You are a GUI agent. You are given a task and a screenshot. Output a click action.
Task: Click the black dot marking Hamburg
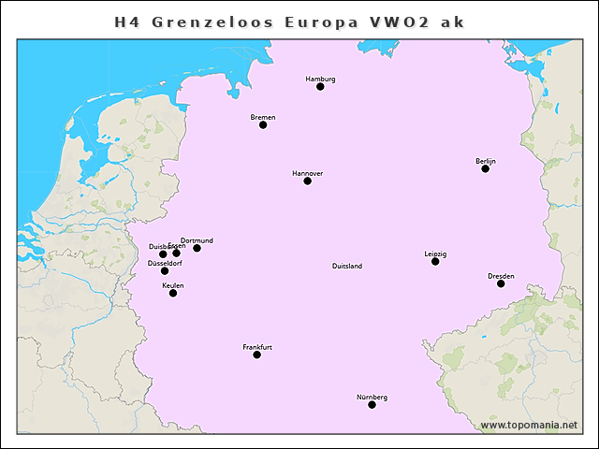click(320, 86)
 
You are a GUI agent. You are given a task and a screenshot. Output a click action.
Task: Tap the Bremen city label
click(263, 117)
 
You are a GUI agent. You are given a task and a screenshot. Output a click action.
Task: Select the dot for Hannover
click(307, 181)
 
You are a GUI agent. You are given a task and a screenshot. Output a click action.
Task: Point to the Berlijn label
click(486, 161)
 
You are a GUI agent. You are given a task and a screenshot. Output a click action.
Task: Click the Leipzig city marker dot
click(435, 261)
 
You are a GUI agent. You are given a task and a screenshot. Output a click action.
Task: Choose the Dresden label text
click(501, 276)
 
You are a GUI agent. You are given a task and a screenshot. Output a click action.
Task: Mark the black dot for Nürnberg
click(372, 404)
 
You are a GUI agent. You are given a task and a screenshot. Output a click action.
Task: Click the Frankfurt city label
click(257, 347)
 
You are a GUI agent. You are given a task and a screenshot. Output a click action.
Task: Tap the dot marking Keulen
click(173, 293)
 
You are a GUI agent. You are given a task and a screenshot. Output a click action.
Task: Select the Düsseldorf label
click(165, 263)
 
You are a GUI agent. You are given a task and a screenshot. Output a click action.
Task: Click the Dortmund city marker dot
click(197, 248)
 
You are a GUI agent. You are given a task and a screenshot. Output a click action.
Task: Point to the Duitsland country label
click(347, 266)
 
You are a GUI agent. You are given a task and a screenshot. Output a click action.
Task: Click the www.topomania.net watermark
click(529, 425)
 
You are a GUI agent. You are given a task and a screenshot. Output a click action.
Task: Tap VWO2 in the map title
click(404, 21)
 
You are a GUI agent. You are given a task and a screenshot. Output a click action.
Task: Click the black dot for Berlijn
click(486, 168)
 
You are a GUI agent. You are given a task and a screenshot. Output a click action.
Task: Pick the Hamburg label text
click(320, 79)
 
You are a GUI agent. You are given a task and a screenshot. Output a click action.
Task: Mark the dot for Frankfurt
click(257, 355)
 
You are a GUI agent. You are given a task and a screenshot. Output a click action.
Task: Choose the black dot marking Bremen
click(263, 124)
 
